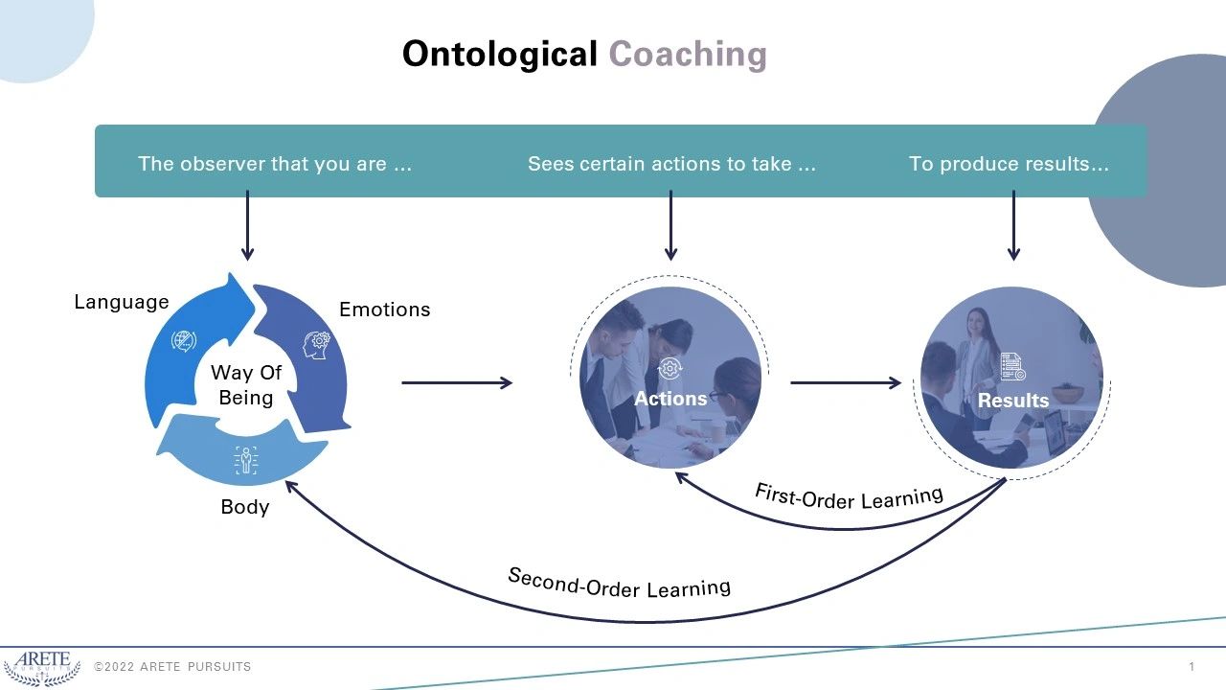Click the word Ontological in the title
click(x=499, y=55)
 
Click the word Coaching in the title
click(x=688, y=55)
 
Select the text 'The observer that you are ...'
click(x=275, y=164)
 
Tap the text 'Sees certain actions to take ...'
click(x=671, y=164)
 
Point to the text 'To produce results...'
click(x=1009, y=164)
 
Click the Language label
click(x=122, y=302)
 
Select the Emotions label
click(x=385, y=310)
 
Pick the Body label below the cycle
click(x=245, y=507)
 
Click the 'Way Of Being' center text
click(x=246, y=385)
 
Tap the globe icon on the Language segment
click(x=183, y=340)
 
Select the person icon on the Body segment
click(x=246, y=460)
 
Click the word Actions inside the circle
click(x=670, y=399)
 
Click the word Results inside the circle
click(x=1012, y=401)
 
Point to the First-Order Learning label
click(x=849, y=497)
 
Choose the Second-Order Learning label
click(x=619, y=583)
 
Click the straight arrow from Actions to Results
click(x=845, y=383)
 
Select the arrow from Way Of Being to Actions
click(x=457, y=383)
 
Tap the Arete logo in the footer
click(x=41, y=667)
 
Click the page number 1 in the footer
click(x=1192, y=667)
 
